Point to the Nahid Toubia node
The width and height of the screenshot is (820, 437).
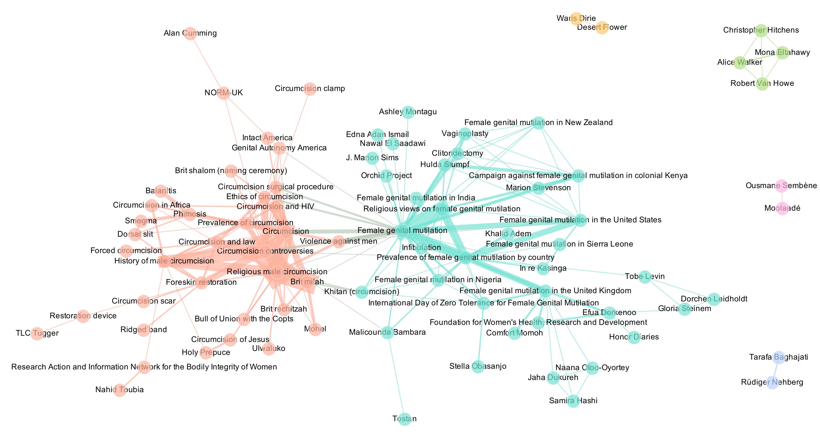[x=120, y=390]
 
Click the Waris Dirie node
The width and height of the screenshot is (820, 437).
[x=576, y=19]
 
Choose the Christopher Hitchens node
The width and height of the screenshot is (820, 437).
[x=761, y=30]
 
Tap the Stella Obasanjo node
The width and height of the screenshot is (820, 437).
[x=478, y=367]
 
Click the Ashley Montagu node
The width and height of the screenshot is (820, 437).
[x=408, y=112]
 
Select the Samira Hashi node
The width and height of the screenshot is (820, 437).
[x=573, y=401]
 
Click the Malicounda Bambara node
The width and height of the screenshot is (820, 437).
[x=388, y=332]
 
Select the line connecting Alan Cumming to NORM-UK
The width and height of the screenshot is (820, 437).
[x=207, y=63]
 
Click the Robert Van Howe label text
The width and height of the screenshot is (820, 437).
[x=762, y=84]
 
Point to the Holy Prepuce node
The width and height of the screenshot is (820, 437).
[x=206, y=353]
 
